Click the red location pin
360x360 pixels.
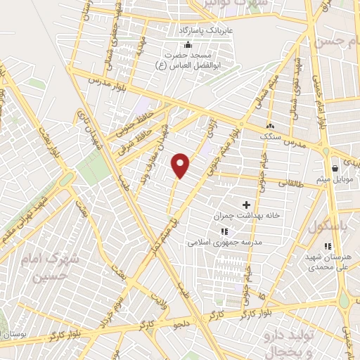[181, 165]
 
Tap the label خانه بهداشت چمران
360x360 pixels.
[246, 215]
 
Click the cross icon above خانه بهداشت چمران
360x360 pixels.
[246, 205]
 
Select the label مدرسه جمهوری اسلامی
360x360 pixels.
[224, 242]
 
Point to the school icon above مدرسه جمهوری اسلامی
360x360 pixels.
[224, 231]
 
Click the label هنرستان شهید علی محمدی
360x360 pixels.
[327, 262]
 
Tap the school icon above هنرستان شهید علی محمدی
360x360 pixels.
[327, 246]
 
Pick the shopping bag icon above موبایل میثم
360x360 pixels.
[335, 168]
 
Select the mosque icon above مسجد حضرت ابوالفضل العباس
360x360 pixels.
[188, 46]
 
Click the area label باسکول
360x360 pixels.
[324, 226]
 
